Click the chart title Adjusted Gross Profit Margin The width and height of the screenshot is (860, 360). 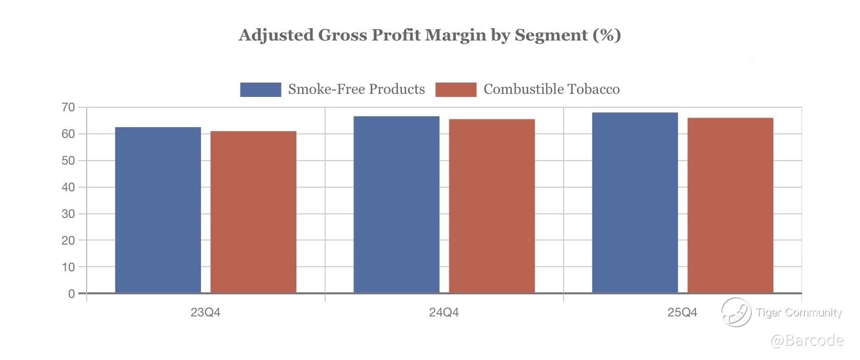pyautogui.click(x=430, y=35)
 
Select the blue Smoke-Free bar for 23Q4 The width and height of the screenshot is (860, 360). pyautogui.click(x=158, y=210)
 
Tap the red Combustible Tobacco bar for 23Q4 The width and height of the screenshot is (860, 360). pyautogui.click(x=253, y=212)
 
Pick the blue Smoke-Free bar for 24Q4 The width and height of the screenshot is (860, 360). pyautogui.click(x=396, y=205)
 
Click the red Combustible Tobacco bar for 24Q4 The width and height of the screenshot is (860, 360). pyautogui.click(x=492, y=206)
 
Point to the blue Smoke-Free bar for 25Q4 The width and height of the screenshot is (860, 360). pyautogui.click(x=635, y=203)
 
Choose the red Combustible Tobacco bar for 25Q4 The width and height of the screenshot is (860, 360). pyautogui.click(x=730, y=206)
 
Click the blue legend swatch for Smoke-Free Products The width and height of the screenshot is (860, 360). pyautogui.click(x=261, y=90)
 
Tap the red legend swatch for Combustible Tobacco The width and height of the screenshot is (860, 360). pyautogui.click(x=456, y=90)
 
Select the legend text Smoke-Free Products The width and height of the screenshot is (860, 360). pyautogui.click(x=356, y=90)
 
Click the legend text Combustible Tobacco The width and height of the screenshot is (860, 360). pyautogui.click(x=551, y=90)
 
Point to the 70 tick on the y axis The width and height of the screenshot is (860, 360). pyautogui.click(x=68, y=107)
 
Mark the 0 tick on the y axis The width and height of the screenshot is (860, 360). pyautogui.click(x=71, y=294)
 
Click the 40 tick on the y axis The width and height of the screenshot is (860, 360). pyautogui.click(x=68, y=187)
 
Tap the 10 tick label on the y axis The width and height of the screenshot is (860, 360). pyautogui.click(x=68, y=267)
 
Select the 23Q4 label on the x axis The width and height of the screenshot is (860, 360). pyautogui.click(x=205, y=312)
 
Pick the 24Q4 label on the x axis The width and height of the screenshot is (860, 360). pyautogui.click(x=444, y=312)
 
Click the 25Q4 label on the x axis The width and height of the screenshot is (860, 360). pyautogui.click(x=682, y=312)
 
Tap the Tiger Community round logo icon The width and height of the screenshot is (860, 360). pyautogui.click(x=736, y=312)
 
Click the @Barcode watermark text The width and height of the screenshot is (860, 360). pyautogui.click(x=807, y=341)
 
